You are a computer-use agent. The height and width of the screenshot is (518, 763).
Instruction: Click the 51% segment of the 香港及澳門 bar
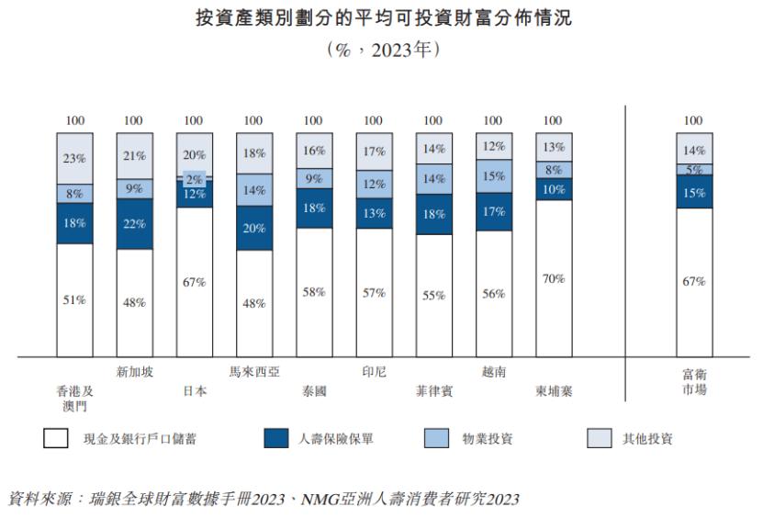pyautogui.click(x=74, y=299)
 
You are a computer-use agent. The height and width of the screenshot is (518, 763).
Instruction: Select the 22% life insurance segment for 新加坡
pyautogui.click(x=134, y=224)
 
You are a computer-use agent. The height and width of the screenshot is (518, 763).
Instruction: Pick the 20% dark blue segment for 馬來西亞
pyautogui.click(x=253, y=228)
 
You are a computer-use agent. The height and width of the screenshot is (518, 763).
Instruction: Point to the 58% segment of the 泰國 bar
pyautogui.click(x=313, y=292)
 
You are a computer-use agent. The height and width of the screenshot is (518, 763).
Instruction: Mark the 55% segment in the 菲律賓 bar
pyautogui.click(x=433, y=296)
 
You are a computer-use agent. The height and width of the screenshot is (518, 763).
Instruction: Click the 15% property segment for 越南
pyautogui.click(x=493, y=175)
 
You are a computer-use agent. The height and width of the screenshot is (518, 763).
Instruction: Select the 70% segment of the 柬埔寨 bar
pyautogui.click(x=553, y=278)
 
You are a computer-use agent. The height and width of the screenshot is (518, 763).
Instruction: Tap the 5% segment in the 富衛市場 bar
pyautogui.click(x=693, y=169)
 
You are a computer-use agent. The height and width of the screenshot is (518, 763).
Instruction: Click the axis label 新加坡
pyautogui.click(x=134, y=373)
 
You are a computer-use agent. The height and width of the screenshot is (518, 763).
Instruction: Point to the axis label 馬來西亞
pyautogui.click(x=253, y=373)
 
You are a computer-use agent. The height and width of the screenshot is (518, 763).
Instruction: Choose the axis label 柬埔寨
pyautogui.click(x=553, y=390)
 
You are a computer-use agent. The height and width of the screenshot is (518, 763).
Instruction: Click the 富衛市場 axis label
pyautogui.click(x=693, y=381)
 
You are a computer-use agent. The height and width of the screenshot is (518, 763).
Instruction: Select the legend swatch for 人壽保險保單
pyautogui.click(x=275, y=439)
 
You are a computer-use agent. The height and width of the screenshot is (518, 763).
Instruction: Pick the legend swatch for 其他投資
pyautogui.click(x=599, y=439)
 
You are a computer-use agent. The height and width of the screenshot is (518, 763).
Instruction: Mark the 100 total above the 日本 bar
pyautogui.click(x=194, y=120)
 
